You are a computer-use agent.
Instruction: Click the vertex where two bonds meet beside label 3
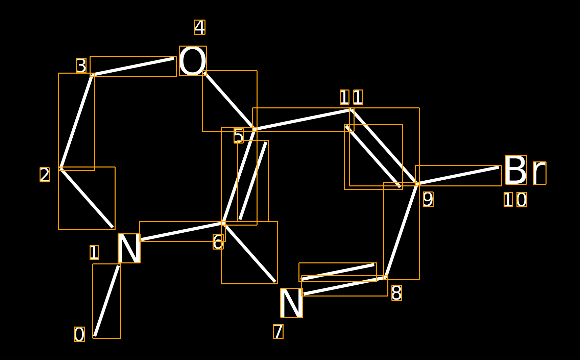[x=92, y=75]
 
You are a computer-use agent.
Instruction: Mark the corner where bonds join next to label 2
[x=61, y=169]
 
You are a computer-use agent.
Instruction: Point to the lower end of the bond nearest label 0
[x=95, y=336]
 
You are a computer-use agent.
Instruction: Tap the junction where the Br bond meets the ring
[x=417, y=184]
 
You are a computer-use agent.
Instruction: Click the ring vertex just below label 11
[x=352, y=110]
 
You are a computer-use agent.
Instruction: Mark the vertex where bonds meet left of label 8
[x=386, y=278]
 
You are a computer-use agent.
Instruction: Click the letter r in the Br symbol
[x=539, y=173]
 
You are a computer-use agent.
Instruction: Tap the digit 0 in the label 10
[x=522, y=200]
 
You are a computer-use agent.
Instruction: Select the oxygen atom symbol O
[x=193, y=61]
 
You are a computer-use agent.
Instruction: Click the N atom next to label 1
[x=129, y=248]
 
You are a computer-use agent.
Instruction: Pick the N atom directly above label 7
[x=292, y=303]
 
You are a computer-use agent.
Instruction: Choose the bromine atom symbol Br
[x=526, y=170]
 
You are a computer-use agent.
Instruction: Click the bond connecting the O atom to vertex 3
[x=133, y=67]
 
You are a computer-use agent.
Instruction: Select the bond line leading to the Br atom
[x=458, y=176]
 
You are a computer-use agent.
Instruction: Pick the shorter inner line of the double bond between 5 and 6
[x=253, y=181]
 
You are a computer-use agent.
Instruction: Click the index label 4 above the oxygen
[x=200, y=27]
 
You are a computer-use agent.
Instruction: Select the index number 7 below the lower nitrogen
[x=279, y=331]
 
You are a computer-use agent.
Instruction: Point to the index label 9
[x=428, y=199]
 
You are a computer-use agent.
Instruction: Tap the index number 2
[x=45, y=175]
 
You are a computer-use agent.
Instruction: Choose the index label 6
[x=218, y=242]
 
